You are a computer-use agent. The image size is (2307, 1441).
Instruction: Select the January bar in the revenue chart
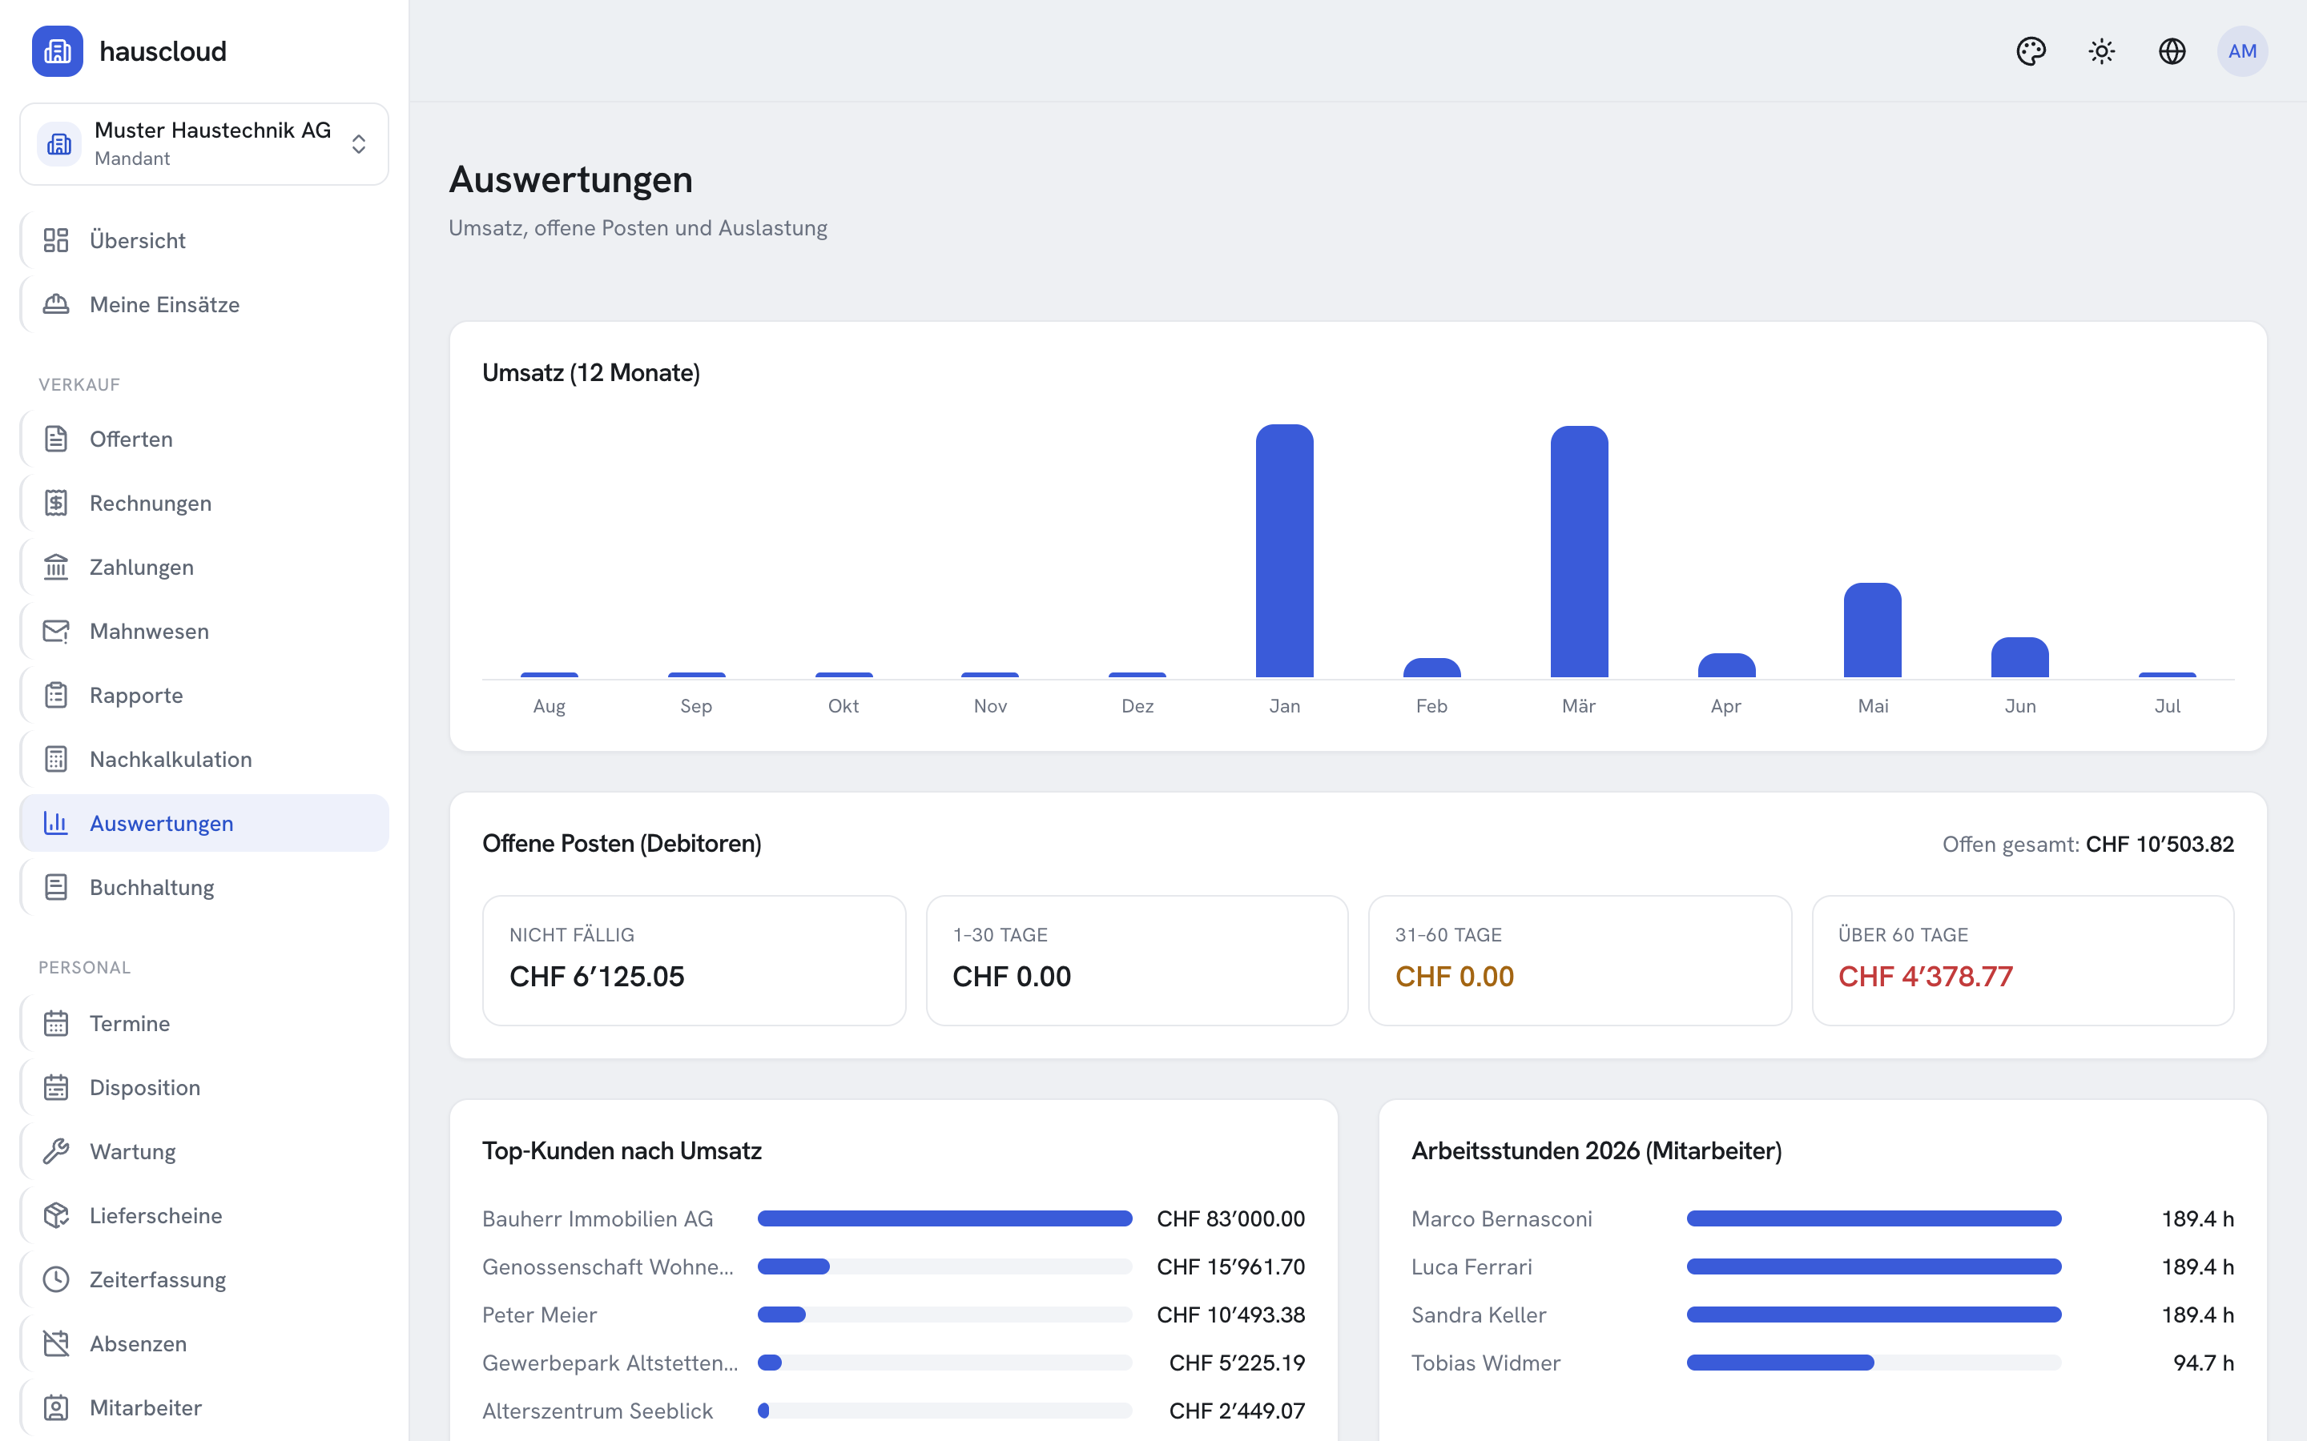[x=1284, y=551]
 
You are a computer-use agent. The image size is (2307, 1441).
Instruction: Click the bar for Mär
[x=1579, y=552]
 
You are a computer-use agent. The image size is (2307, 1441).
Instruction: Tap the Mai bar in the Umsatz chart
[x=1872, y=630]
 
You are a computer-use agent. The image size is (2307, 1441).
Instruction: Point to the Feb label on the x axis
[x=1431, y=706]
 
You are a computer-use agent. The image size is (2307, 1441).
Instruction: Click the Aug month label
[x=549, y=706]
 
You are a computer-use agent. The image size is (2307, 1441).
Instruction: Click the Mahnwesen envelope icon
[x=56, y=631]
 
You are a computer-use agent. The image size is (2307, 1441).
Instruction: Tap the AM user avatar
[x=2242, y=51]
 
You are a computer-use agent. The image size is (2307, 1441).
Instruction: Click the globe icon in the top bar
[x=2172, y=51]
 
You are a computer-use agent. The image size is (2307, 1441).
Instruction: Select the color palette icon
[x=2031, y=51]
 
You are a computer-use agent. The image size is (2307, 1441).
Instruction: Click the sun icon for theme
[x=2102, y=51]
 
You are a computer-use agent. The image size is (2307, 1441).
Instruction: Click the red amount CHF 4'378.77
[x=1925, y=976]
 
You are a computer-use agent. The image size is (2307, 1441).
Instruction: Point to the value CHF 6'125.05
[x=597, y=976]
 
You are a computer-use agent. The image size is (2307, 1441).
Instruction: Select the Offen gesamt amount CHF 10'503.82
[x=2160, y=845]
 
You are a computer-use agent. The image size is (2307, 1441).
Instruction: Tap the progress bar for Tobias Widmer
[x=1874, y=1363]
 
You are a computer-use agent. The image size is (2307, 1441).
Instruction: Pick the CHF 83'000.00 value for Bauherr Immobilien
[x=1230, y=1219]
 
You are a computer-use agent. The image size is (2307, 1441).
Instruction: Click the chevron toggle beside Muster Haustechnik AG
[x=358, y=144]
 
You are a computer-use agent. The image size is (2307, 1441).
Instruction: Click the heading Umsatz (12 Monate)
[x=591, y=372]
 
